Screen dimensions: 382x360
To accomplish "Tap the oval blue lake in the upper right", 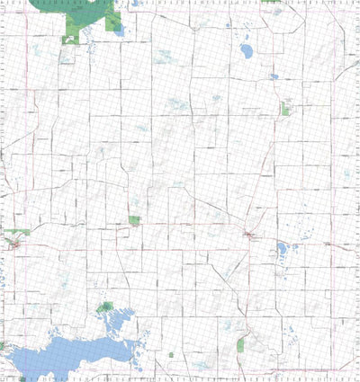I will click(x=246, y=50).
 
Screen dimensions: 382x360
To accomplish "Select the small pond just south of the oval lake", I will click(x=273, y=77).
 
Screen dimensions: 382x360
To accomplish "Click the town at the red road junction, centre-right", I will click(x=249, y=235).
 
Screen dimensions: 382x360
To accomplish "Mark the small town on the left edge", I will click(x=13, y=243).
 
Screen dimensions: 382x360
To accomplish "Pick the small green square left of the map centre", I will click(x=134, y=220).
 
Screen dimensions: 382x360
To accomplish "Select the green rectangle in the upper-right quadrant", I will click(x=285, y=110).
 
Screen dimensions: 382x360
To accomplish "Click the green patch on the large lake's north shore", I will click(x=106, y=308).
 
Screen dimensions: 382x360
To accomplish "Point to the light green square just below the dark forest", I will click(x=70, y=39).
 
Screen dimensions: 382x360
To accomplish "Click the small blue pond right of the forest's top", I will click(x=134, y=4).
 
